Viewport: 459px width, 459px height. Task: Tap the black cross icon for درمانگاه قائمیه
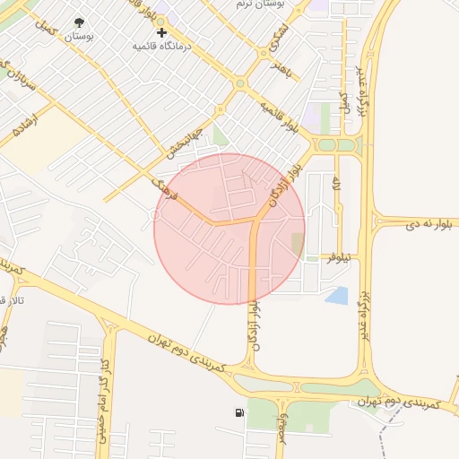pos(162,33)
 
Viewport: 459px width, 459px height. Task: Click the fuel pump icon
pos(238,413)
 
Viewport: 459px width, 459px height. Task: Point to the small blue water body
pos(337,295)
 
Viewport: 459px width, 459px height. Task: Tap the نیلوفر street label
pos(342,257)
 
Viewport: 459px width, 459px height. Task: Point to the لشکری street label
pos(280,38)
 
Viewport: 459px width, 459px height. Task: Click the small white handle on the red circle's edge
pos(157,215)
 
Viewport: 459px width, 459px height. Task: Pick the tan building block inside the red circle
pos(297,243)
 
